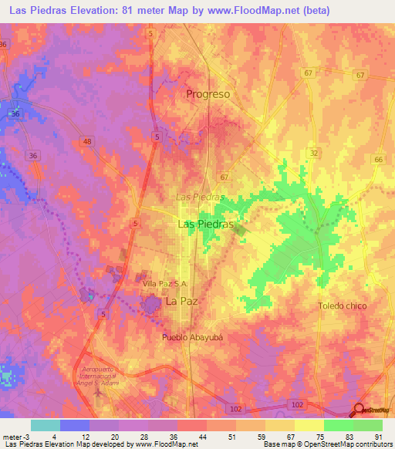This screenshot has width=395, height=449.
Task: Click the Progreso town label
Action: [x=208, y=94]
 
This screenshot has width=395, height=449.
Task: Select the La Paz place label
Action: [x=183, y=303]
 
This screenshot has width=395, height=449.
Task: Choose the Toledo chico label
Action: [x=343, y=306]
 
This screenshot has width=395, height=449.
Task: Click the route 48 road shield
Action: [x=86, y=141]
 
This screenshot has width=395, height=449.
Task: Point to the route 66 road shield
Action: [x=378, y=159]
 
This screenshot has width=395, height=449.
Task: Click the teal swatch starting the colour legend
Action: [x=45, y=425]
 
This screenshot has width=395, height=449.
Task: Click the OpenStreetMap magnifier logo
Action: [x=360, y=410]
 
